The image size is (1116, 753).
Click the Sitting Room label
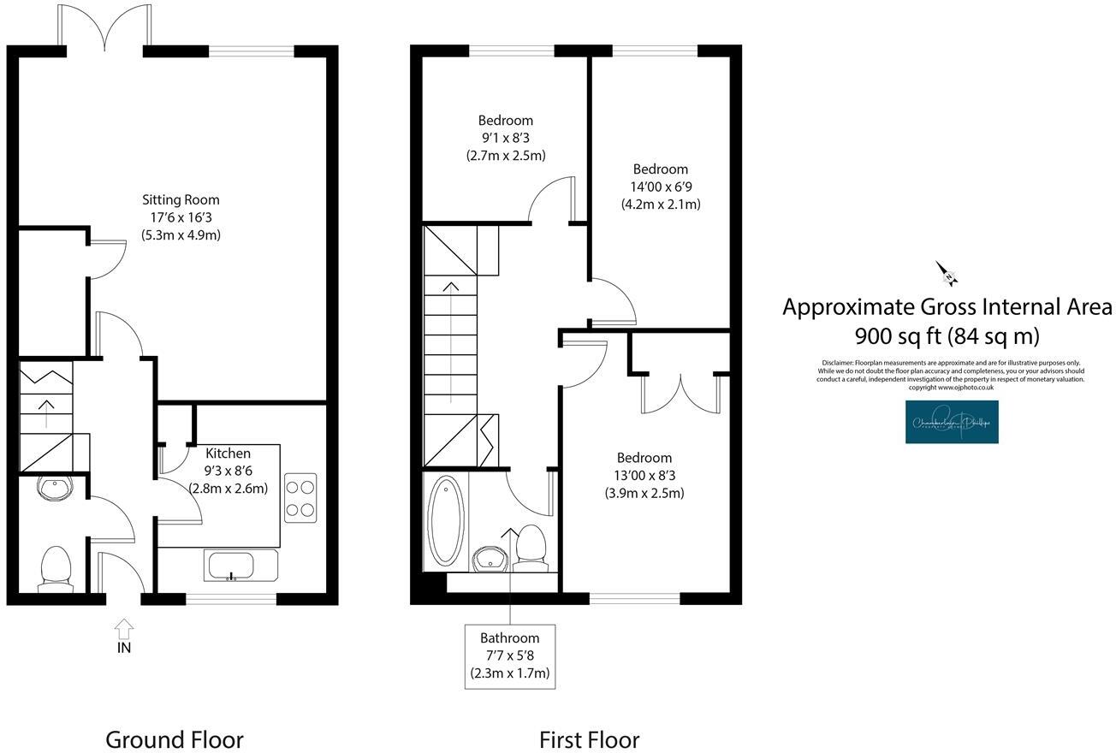[x=181, y=200]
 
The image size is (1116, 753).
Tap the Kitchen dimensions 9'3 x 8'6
[x=228, y=471]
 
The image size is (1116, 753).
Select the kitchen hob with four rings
[x=300, y=497]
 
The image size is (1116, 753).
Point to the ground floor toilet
[x=56, y=569]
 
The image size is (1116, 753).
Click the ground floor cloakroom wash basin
[x=56, y=489]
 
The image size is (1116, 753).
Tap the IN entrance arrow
[x=124, y=631]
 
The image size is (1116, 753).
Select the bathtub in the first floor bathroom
[x=445, y=520]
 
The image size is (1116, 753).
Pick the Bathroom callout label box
[x=509, y=655]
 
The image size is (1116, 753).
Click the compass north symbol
[x=947, y=274]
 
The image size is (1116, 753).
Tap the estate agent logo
[x=952, y=422]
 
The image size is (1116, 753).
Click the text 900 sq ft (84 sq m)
[x=947, y=335]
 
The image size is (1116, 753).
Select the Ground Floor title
[x=174, y=739]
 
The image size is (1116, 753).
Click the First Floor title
[x=589, y=739]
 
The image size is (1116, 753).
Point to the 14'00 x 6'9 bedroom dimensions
[x=660, y=187]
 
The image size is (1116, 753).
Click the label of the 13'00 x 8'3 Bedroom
[x=644, y=458]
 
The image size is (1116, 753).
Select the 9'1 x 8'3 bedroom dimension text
[x=505, y=138]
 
